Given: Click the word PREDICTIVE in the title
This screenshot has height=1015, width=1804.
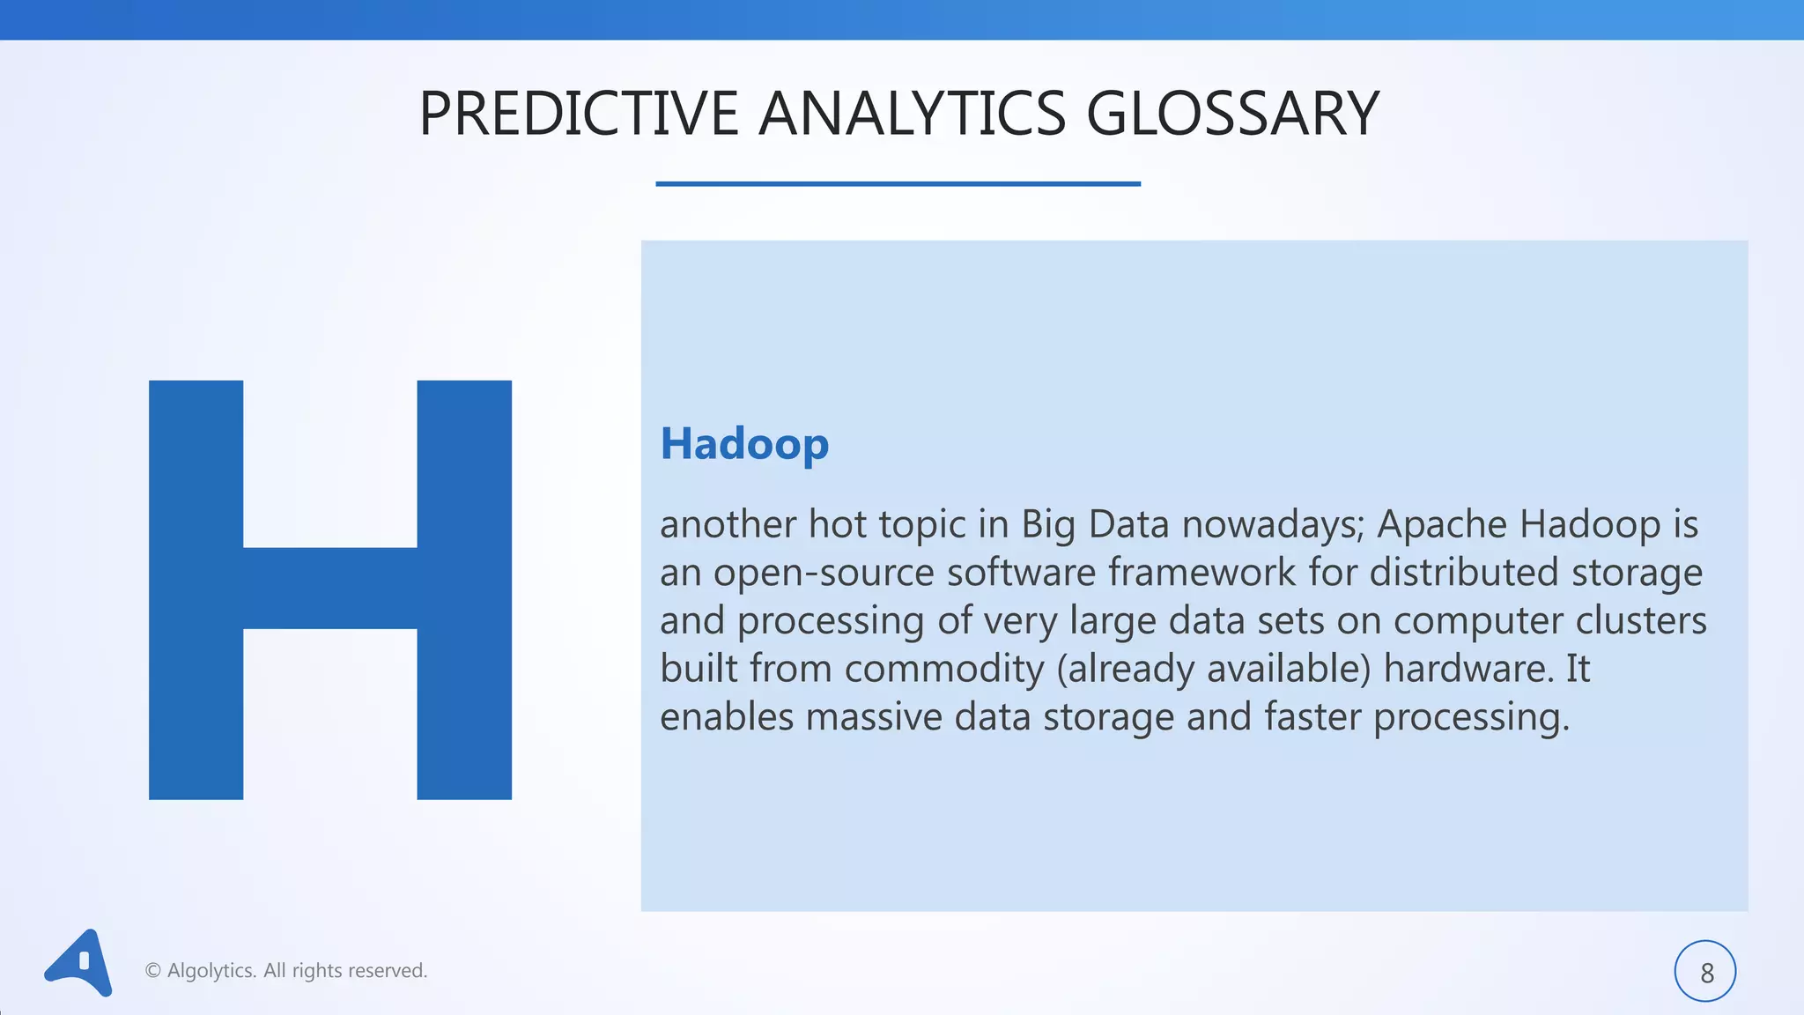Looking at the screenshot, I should tap(578, 114).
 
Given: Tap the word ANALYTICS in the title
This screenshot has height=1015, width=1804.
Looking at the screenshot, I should tap(912, 114).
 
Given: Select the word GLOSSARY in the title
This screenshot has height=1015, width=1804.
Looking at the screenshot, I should tap(1232, 114).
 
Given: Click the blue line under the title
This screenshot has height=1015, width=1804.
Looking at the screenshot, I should tap(898, 183).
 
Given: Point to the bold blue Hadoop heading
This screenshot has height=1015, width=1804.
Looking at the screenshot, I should tap(744, 443).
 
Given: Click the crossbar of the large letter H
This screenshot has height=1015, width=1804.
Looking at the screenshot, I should tap(329, 588).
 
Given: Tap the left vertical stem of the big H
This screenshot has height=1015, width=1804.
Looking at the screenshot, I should tap(196, 589).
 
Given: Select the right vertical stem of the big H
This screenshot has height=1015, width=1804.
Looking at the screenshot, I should tap(464, 589).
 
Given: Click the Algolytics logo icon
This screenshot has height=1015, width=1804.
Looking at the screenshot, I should tap(79, 963).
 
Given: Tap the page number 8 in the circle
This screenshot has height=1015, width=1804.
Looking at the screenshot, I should tap(1706, 973).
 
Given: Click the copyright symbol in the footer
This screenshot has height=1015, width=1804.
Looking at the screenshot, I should tap(152, 971).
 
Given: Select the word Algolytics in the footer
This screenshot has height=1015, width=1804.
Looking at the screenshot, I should tap(211, 971).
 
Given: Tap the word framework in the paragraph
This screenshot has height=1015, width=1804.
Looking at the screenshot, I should tap(1201, 573).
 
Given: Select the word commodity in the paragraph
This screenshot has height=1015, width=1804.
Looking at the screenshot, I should tap(943, 669).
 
